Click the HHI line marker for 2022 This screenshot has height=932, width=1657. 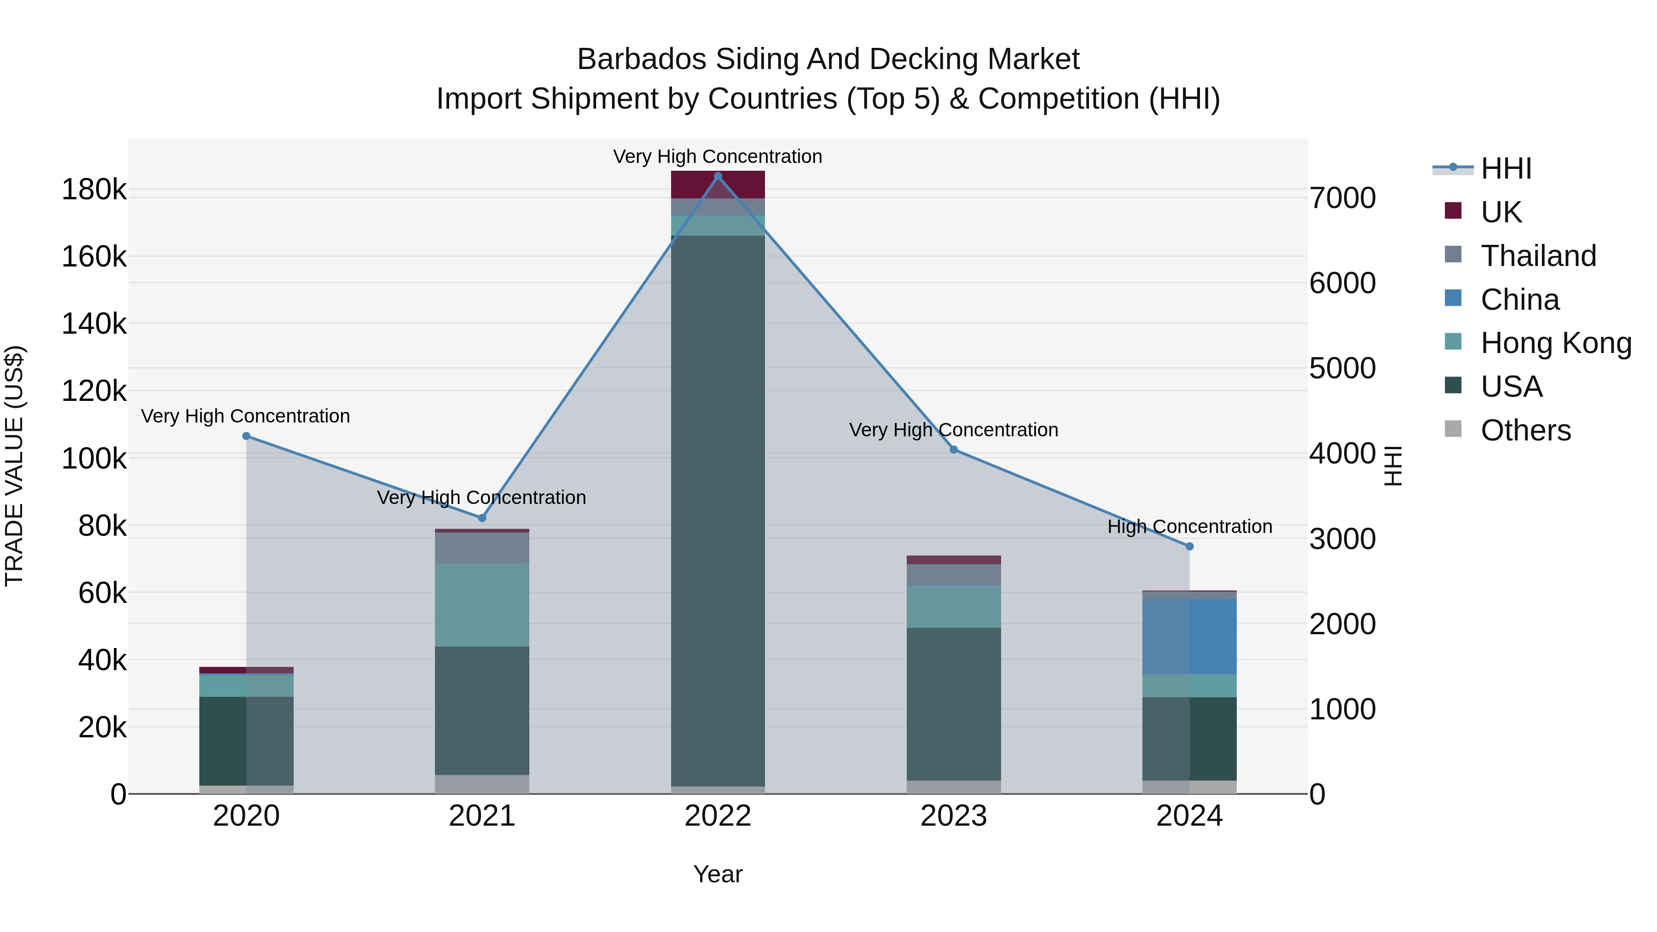pyautogui.click(x=718, y=176)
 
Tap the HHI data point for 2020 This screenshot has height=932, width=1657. pyautogui.click(x=246, y=436)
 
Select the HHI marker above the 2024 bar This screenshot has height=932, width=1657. pyautogui.click(x=1189, y=546)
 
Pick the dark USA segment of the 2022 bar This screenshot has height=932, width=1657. pyautogui.click(x=718, y=508)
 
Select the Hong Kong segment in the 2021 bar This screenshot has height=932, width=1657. pyautogui.click(x=482, y=605)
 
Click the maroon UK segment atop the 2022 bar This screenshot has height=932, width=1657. pyautogui.click(x=718, y=185)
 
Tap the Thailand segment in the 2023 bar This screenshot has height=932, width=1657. pyautogui.click(x=954, y=574)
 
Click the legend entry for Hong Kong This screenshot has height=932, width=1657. pyautogui.click(x=1555, y=343)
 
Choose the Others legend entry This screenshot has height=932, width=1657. pyautogui.click(x=1525, y=430)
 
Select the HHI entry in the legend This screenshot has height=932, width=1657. pyautogui.click(x=1505, y=168)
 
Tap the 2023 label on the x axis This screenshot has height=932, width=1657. pyautogui.click(x=954, y=816)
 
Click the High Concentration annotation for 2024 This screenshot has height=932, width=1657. pyautogui.click(x=1189, y=526)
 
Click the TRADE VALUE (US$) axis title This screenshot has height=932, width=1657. pyautogui.click(x=14, y=466)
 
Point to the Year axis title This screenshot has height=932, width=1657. pyautogui.click(x=718, y=874)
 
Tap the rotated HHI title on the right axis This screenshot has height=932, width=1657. pyautogui.click(x=1393, y=466)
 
